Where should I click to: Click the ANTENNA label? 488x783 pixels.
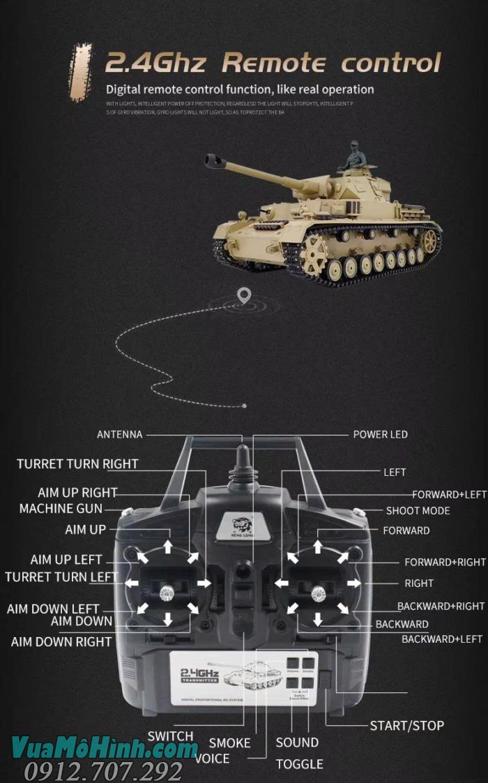[x=119, y=435]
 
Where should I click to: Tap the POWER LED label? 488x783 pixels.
[x=380, y=435]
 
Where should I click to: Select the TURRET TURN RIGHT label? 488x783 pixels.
[x=77, y=464]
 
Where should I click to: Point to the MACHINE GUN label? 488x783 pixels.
[x=61, y=509]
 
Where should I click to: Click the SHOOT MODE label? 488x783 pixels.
[x=418, y=511]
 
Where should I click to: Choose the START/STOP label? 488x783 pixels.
[x=406, y=726]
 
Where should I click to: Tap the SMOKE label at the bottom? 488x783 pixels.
[x=229, y=743]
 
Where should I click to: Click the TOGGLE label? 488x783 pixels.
[x=299, y=764]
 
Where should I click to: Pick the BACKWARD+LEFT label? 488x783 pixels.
[x=441, y=639]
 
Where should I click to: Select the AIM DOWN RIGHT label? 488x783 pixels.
[x=61, y=641]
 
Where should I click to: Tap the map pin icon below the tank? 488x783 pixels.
[x=243, y=296]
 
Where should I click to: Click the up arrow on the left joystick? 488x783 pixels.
[x=167, y=546]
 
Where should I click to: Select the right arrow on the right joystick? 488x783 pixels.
[x=355, y=583]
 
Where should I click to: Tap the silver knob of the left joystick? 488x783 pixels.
[x=167, y=593]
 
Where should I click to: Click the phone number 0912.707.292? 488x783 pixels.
[x=102, y=771]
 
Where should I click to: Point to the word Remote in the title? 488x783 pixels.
[x=273, y=63]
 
